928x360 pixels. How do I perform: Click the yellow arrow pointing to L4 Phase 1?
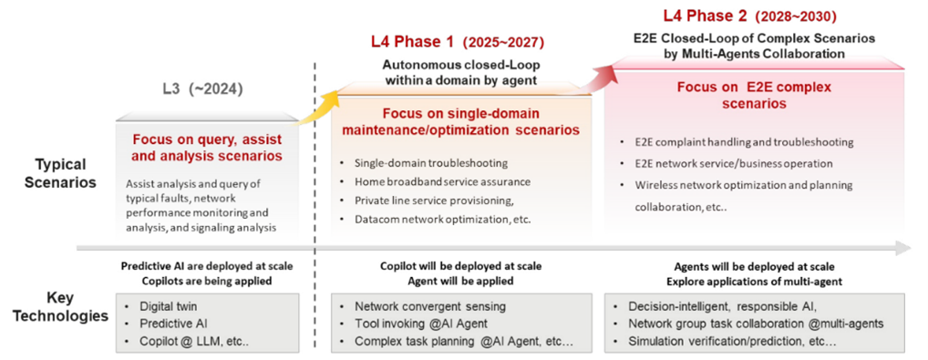point(316,108)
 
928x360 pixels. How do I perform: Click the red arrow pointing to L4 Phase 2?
point(593,76)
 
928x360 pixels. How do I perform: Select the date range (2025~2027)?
point(503,42)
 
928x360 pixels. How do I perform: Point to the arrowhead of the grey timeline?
point(904,248)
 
